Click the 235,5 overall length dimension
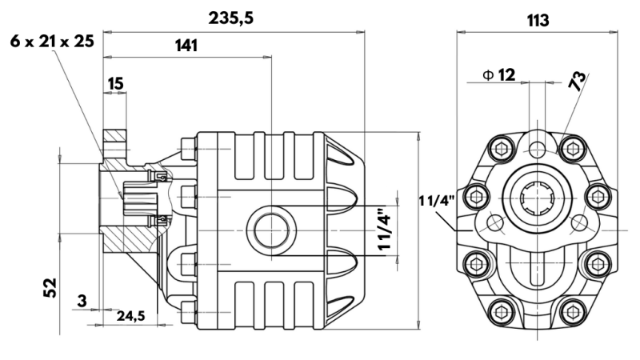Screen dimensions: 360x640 pyautogui.click(x=230, y=18)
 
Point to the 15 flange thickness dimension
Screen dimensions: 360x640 pyautogui.click(x=115, y=83)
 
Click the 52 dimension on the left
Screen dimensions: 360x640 pyautogui.click(x=49, y=286)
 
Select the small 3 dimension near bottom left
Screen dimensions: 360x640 pyautogui.click(x=82, y=301)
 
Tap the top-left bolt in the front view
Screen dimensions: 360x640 pyautogui.click(x=503, y=146)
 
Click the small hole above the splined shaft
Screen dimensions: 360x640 pyautogui.click(x=537, y=149)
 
